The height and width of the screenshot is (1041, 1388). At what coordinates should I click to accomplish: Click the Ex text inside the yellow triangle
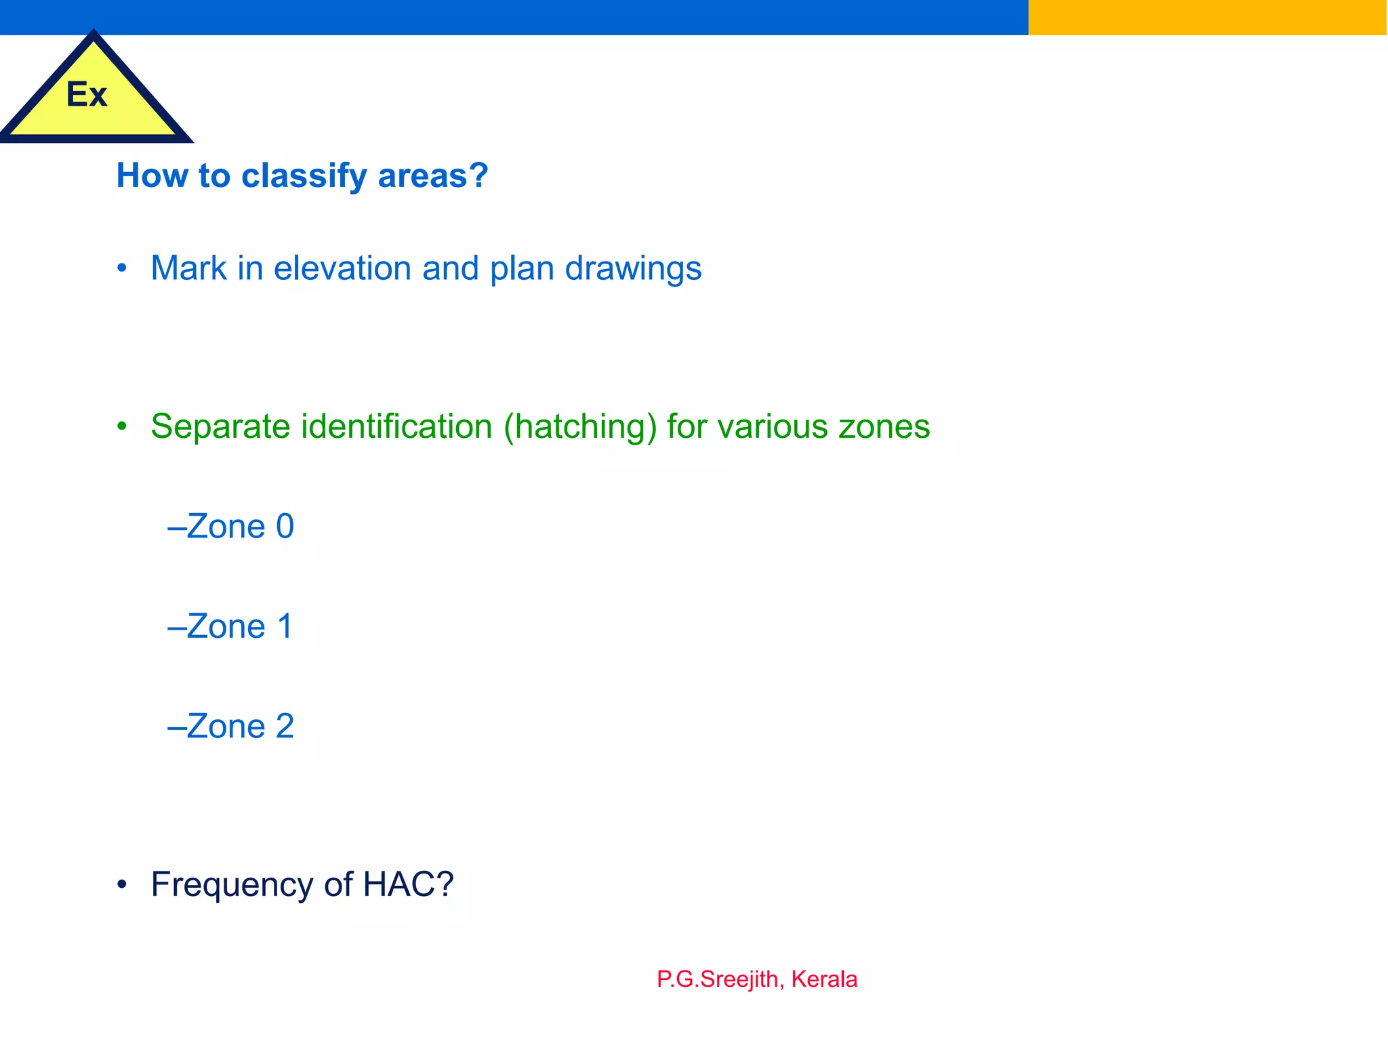coord(87,94)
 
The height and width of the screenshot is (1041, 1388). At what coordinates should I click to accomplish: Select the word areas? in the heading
coord(433,176)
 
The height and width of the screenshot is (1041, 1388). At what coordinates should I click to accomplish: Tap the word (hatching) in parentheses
coord(580,427)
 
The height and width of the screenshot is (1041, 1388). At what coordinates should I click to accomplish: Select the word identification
coord(396,427)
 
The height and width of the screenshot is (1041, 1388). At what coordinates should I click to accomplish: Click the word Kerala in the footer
coord(824,979)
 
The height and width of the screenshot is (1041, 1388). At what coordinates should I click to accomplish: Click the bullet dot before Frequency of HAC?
coord(122,884)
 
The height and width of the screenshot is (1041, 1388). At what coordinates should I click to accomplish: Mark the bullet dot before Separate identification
coord(122,427)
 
